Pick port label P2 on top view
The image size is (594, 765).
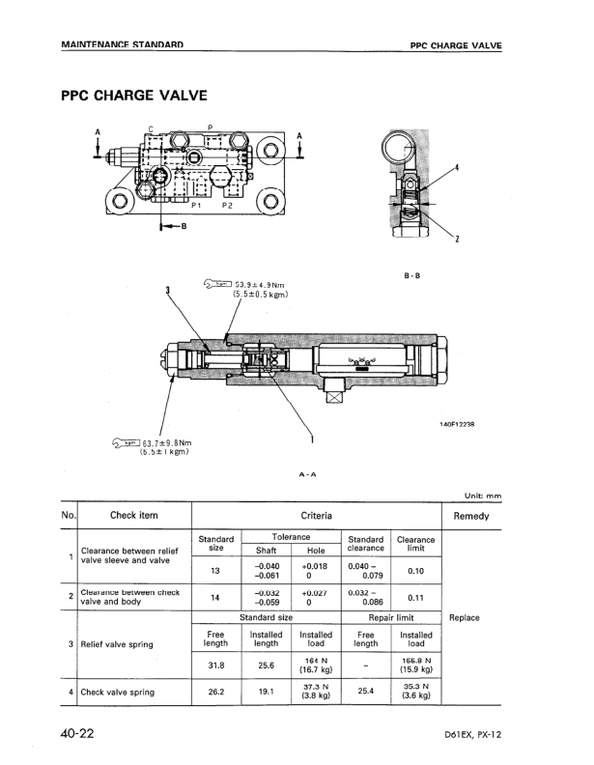coord(228,206)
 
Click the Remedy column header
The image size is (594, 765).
coord(471,516)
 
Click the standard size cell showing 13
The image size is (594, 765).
coord(216,570)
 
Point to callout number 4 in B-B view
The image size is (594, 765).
coord(456,167)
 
